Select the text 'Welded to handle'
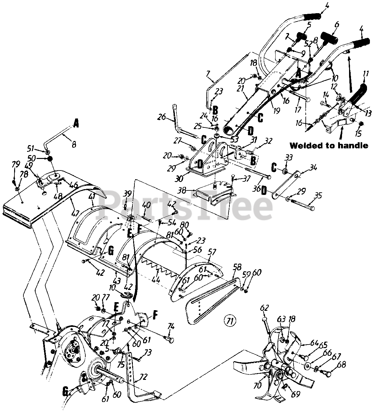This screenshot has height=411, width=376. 329,145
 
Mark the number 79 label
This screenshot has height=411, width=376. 15,164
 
